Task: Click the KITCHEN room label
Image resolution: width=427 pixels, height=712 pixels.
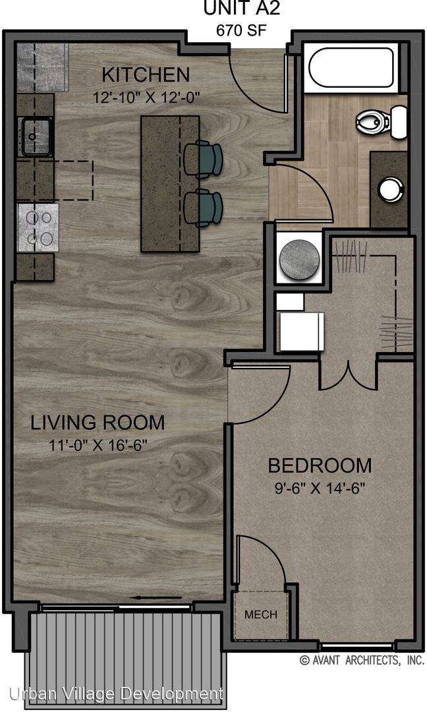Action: pos(146,75)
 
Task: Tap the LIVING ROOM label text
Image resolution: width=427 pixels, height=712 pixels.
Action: pos(98,423)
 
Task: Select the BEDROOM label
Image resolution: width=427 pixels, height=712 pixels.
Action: pos(320,465)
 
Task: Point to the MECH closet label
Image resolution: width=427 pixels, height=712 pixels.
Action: pos(261,614)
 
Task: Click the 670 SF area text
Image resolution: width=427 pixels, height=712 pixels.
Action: pos(241,30)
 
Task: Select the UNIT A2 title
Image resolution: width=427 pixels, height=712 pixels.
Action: pos(241,8)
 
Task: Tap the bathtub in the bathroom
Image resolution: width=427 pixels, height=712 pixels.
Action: pos(351,68)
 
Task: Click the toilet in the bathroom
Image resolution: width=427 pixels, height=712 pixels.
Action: pos(381,121)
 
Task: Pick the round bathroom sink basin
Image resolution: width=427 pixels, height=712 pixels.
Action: pos(391,189)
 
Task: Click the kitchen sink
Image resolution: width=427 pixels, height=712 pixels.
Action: pos(35,136)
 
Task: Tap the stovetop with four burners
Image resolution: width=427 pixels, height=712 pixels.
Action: pos(38,227)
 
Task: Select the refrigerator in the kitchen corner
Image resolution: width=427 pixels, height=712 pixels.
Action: pos(43,68)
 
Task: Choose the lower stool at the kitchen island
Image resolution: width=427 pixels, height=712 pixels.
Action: pos(204,208)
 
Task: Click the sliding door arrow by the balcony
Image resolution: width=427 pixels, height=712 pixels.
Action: pos(156,597)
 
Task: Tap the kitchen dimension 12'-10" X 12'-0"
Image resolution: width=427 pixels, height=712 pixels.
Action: pos(146,98)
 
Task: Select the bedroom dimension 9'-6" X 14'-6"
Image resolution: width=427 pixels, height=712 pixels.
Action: pos(320,488)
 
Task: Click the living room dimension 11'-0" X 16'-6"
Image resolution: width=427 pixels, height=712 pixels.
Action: pos(98,445)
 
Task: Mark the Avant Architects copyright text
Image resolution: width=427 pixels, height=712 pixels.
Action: pos(362,660)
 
